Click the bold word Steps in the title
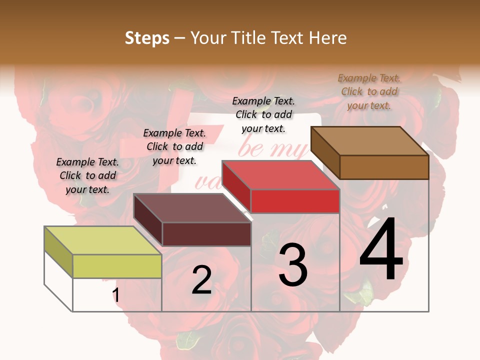[x=147, y=38]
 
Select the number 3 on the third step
[x=293, y=265]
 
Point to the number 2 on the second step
[x=201, y=280]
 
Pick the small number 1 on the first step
[x=116, y=295]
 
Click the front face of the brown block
[x=384, y=167]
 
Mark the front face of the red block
[x=295, y=201]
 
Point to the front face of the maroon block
[x=206, y=234]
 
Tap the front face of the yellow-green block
[x=117, y=266]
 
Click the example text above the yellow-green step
[x=87, y=176]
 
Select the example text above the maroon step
[x=174, y=147]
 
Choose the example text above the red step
[x=263, y=114]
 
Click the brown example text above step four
[x=369, y=91]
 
